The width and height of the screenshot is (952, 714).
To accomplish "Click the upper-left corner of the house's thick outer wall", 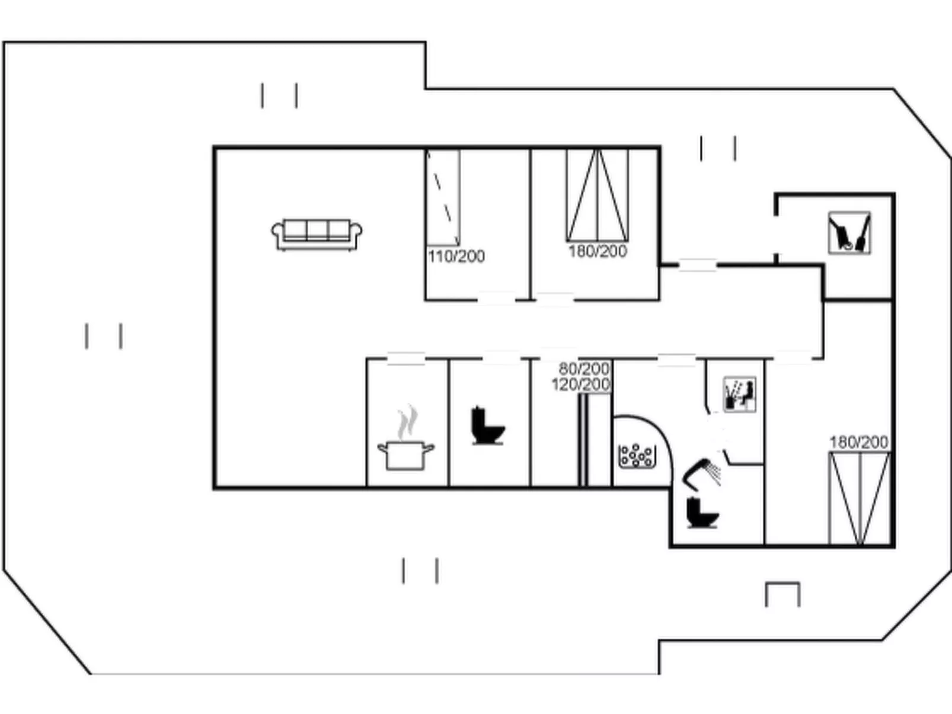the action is tap(214, 148).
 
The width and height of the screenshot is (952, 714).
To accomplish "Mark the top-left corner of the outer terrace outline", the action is tap(4, 42).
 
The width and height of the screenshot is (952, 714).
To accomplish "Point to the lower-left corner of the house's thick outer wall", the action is tap(214, 488).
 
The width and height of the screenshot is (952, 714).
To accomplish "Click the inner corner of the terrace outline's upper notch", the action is tap(426, 88).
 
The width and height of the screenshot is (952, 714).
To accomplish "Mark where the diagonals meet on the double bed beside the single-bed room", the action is tap(598, 150).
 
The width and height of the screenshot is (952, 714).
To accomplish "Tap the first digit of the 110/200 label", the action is tap(431, 257).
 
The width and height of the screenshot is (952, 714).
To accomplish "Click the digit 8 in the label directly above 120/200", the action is tap(564, 369).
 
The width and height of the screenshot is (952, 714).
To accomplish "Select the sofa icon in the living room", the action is tap(317, 235).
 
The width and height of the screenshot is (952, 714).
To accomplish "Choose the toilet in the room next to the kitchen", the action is tap(487, 425).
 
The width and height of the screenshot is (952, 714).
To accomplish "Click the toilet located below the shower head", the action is tap(702, 514).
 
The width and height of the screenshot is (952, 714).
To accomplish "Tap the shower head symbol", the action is tap(701, 474).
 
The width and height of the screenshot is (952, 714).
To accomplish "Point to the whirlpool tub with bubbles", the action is tap(636, 456).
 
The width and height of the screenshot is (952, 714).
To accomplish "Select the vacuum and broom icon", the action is tap(849, 233).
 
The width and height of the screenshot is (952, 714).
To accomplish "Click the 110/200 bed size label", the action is tap(456, 257).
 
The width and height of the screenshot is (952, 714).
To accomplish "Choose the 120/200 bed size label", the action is tap(581, 385).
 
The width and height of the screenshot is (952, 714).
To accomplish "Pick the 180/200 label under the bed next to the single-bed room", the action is tap(598, 251).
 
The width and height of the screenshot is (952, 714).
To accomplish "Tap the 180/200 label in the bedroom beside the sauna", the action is tap(859, 442).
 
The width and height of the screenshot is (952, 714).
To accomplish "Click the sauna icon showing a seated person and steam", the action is tap(740, 394).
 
